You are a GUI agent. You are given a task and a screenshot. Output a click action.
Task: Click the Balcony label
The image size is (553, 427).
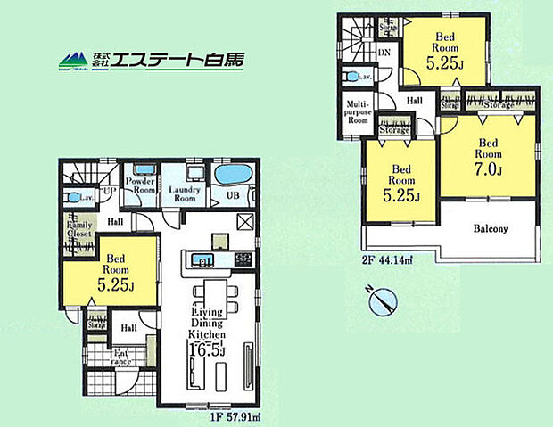[490, 229]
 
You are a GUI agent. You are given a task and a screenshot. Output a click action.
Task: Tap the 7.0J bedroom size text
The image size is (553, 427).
[489, 168]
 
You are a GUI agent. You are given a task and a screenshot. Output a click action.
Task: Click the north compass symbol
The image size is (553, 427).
[383, 300]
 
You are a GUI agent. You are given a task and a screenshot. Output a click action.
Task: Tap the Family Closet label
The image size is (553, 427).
[77, 237]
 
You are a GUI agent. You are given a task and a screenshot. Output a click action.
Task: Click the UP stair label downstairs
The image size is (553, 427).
[109, 191]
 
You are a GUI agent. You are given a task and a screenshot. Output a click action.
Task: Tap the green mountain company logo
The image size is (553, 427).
[74, 62]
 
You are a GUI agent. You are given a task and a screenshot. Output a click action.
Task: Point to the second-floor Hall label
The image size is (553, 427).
[415, 102]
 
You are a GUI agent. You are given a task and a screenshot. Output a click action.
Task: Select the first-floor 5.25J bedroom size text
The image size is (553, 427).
[117, 285]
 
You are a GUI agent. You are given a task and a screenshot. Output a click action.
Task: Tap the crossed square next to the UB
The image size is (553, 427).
[246, 222]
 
